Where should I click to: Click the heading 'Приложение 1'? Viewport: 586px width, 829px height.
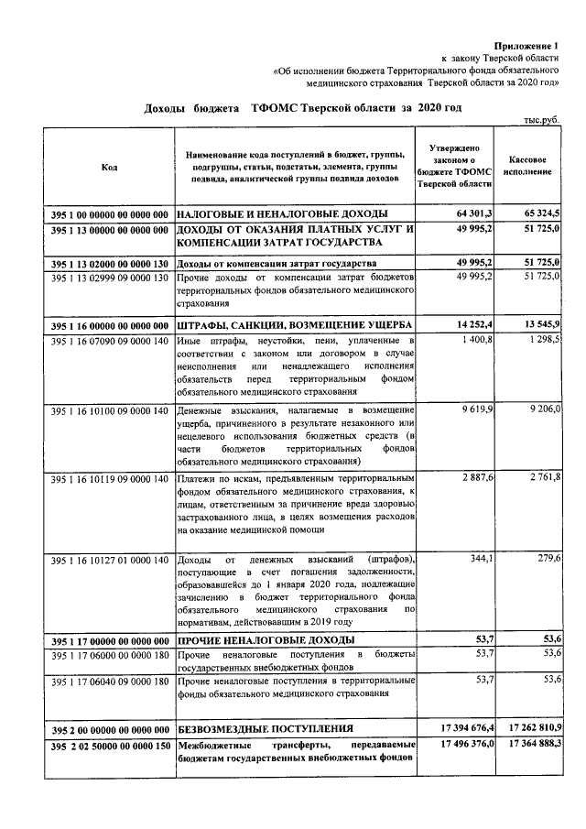point(526,45)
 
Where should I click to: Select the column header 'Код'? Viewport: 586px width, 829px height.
point(109,167)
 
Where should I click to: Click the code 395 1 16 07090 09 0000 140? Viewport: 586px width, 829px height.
point(110,340)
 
